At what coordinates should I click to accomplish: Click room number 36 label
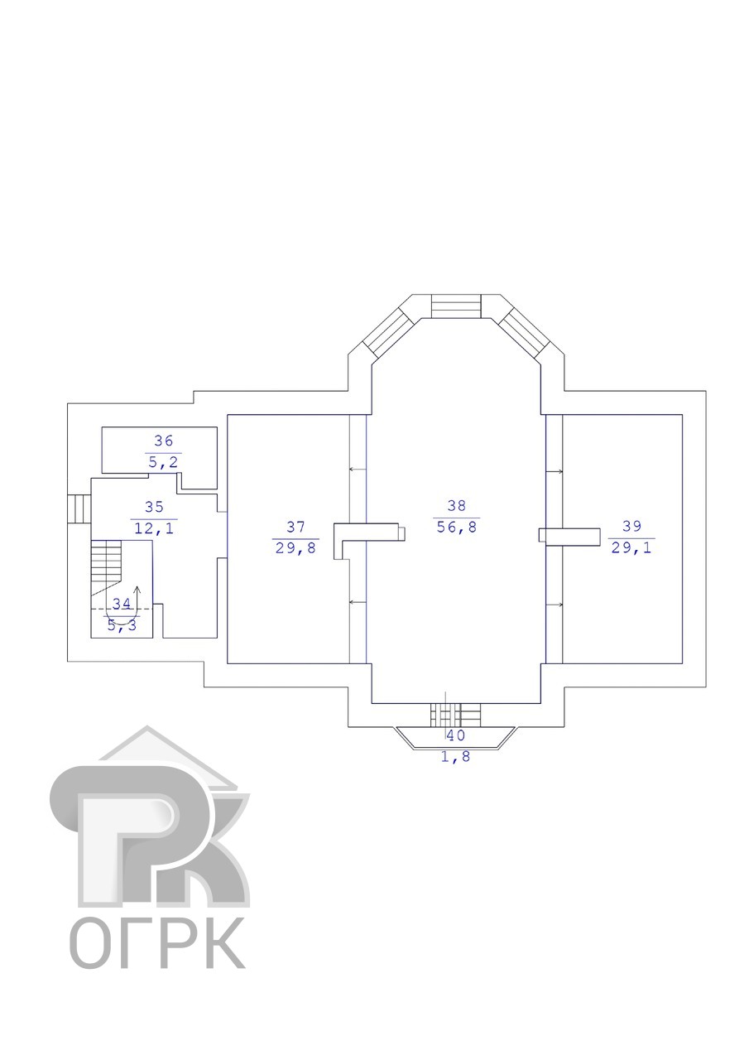click(x=164, y=441)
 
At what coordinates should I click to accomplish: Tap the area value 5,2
click(x=164, y=462)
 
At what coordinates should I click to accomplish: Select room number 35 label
click(x=154, y=507)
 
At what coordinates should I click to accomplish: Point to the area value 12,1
click(x=154, y=528)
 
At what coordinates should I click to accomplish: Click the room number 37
click(x=296, y=527)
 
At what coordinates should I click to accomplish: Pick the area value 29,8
click(x=296, y=548)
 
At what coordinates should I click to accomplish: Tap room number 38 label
click(x=457, y=505)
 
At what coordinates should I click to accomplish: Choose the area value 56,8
click(x=457, y=527)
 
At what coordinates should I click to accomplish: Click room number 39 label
click(x=631, y=526)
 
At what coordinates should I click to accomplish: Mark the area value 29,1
click(x=631, y=547)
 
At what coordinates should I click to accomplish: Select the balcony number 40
click(x=456, y=735)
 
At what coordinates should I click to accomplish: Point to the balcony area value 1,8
click(x=456, y=757)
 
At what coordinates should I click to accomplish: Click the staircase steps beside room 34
click(x=107, y=561)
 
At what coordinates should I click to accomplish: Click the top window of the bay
click(x=456, y=306)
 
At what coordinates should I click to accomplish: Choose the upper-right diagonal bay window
click(x=524, y=333)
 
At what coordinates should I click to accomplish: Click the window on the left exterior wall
click(x=79, y=508)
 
